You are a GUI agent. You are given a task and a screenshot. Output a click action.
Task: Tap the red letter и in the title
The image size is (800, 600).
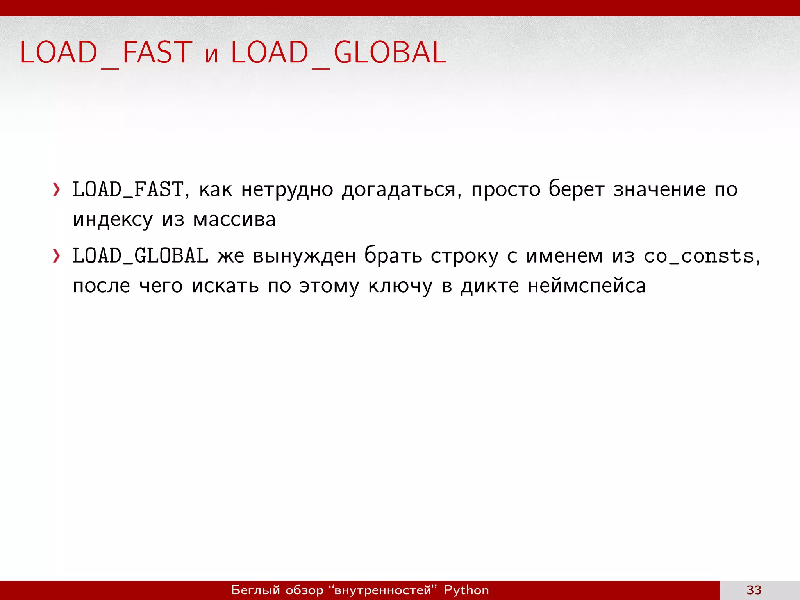click(x=211, y=55)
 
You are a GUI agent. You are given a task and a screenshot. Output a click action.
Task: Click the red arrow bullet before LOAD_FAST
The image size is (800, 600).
click(x=57, y=190)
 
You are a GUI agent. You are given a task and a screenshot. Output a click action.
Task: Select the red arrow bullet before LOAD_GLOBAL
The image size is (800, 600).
click(x=57, y=256)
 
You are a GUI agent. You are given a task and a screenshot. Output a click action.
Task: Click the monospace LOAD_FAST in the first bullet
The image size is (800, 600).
click(x=128, y=190)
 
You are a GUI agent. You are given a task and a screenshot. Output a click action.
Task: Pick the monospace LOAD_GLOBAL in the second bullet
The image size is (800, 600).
click(x=140, y=256)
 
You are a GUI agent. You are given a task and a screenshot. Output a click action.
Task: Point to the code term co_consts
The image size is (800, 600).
click(x=698, y=256)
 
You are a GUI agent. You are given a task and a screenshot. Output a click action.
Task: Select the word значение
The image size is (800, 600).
click(x=659, y=190)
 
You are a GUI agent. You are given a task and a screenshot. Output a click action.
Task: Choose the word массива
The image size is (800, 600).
click(x=234, y=220)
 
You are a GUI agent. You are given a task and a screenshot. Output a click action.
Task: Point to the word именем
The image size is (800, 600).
click(x=564, y=256)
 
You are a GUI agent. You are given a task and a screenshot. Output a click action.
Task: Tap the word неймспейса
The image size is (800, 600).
click(x=587, y=286)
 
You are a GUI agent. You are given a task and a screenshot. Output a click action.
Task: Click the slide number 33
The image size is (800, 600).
click(x=754, y=590)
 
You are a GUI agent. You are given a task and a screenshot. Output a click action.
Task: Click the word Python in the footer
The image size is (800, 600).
click(x=466, y=590)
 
